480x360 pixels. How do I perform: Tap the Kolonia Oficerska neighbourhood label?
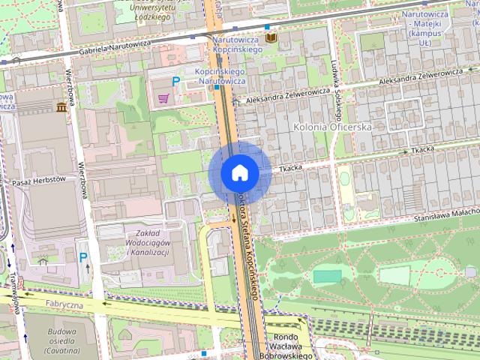[x=334, y=127]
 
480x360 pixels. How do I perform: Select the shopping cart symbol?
[x=164, y=98]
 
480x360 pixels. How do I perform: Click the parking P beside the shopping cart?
[x=176, y=81]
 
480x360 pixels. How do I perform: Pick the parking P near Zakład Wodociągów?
[x=83, y=257]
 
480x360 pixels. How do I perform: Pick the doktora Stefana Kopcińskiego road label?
[x=248, y=240]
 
